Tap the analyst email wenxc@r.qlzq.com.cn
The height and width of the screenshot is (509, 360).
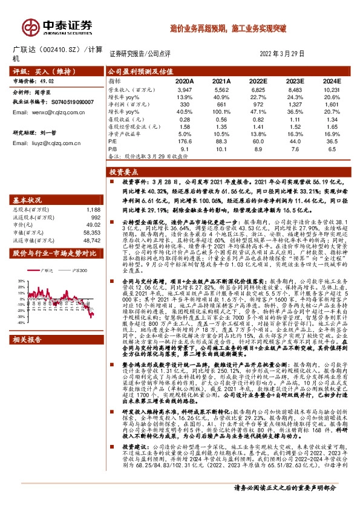[49, 111]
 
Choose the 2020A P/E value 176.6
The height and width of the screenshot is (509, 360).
[184, 141]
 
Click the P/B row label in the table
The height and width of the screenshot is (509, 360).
[113, 148]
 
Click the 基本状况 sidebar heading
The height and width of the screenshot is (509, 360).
[27, 183]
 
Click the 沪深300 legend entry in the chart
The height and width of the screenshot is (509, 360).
[78, 253]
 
